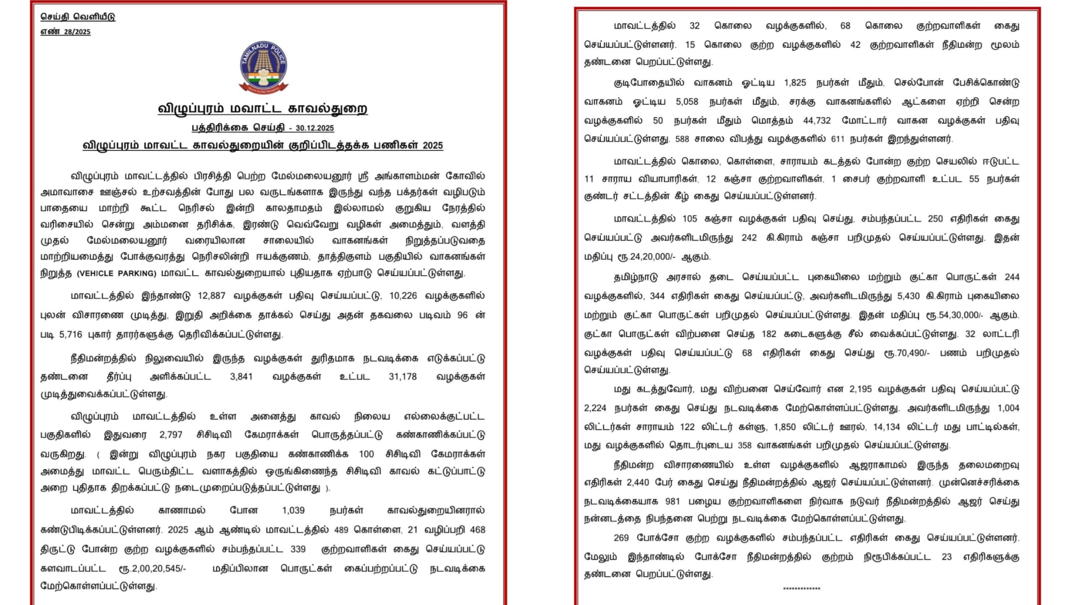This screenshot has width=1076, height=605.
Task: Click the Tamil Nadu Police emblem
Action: (x=264, y=67)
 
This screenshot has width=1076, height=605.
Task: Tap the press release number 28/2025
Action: (x=77, y=32)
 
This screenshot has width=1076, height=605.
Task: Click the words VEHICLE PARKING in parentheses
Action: (x=116, y=274)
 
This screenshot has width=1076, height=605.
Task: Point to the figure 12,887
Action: (x=211, y=296)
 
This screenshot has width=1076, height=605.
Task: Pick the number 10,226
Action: (x=403, y=296)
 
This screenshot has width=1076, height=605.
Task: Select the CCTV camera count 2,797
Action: (x=171, y=435)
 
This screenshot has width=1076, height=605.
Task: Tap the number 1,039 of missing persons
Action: (x=293, y=510)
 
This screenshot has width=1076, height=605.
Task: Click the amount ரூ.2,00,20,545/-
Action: (x=152, y=569)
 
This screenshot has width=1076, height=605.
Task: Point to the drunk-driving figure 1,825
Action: (x=795, y=83)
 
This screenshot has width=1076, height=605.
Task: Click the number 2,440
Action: (x=638, y=483)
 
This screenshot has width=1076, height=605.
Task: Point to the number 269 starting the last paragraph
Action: (x=621, y=538)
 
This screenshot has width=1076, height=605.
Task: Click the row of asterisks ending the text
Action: (x=801, y=589)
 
